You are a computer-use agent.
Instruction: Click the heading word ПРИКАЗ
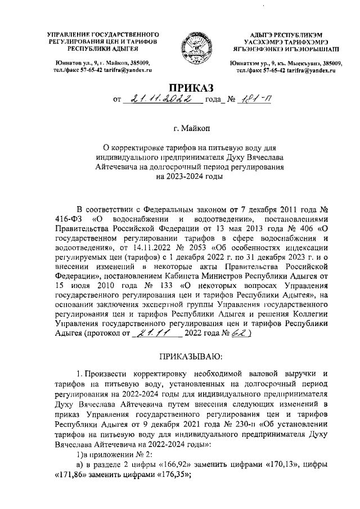pos(179,87)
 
